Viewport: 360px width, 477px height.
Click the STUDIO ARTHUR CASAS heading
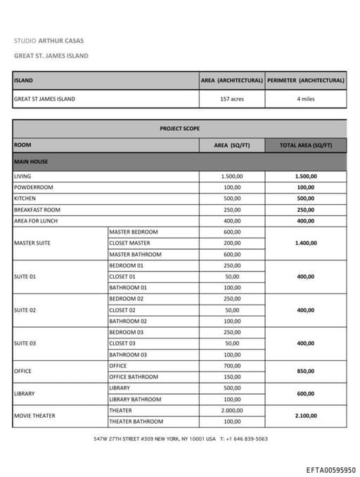[x=49, y=41]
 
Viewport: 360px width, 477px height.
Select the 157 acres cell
[x=232, y=99]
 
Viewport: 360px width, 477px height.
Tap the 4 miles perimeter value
[x=306, y=99]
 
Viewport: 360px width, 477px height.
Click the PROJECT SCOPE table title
[x=179, y=129]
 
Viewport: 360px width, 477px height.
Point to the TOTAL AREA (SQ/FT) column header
[x=306, y=146]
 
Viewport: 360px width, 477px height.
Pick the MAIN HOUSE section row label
[x=31, y=162]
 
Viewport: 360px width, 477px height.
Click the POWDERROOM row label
[x=33, y=188]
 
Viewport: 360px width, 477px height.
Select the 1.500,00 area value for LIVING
[x=232, y=177]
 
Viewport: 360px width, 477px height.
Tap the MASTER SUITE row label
[x=32, y=243]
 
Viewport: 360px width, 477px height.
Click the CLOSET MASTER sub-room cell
[x=129, y=243]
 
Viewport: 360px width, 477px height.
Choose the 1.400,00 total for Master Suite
[x=306, y=243]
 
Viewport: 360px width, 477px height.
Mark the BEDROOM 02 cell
[x=127, y=299]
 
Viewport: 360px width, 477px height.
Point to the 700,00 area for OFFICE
[x=232, y=366]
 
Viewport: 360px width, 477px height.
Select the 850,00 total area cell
[x=306, y=371]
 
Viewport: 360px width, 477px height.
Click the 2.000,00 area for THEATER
[x=232, y=410]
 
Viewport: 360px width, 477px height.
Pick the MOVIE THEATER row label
[x=34, y=416]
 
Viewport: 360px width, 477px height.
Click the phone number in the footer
[x=246, y=439]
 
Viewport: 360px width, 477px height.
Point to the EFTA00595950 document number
[x=330, y=470]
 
